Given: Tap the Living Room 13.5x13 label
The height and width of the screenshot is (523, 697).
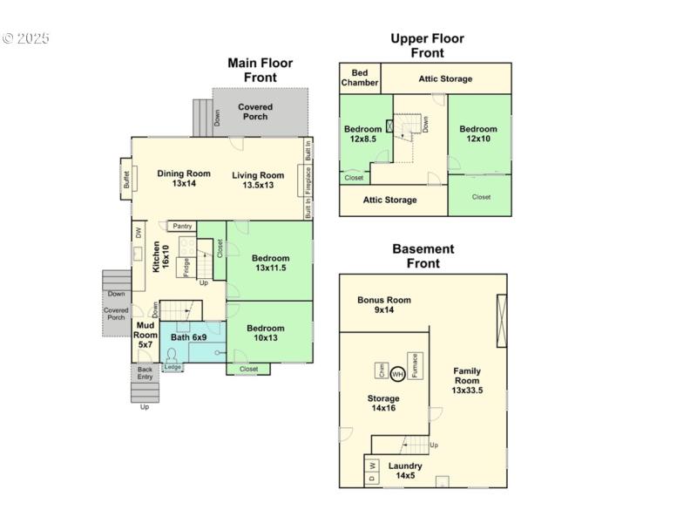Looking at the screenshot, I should pyautogui.click(x=258, y=180).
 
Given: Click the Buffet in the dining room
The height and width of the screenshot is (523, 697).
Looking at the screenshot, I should pyautogui.click(x=126, y=180).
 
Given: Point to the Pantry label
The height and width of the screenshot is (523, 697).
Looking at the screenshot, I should pyautogui.click(x=182, y=227).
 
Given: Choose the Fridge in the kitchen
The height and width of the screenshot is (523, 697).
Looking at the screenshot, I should pyautogui.click(x=186, y=266).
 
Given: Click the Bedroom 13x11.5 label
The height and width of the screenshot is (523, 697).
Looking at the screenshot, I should pyautogui.click(x=270, y=263).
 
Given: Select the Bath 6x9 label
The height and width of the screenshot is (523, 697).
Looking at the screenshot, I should pyautogui.click(x=188, y=337).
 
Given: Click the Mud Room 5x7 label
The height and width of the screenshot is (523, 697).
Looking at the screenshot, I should pyautogui.click(x=145, y=335).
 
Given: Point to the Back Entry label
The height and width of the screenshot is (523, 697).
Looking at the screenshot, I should pyautogui.click(x=145, y=372).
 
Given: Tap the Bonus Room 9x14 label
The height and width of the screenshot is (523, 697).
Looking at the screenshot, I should pyautogui.click(x=383, y=305).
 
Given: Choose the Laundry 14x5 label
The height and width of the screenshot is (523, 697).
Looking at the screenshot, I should pyautogui.click(x=405, y=471).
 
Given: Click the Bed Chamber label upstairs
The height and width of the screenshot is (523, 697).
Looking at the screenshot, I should pyautogui.click(x=360, y=78).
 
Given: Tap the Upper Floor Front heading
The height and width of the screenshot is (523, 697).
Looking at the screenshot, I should pyautogui.click(x=427, y=45).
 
